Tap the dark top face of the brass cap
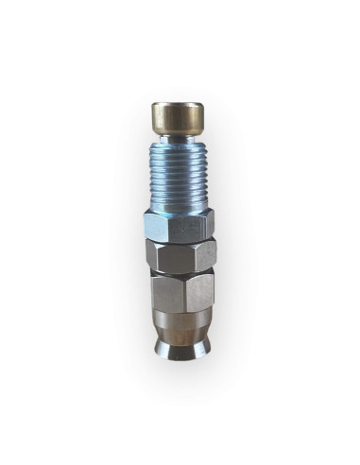click(179, 105)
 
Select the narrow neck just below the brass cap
click(179, 139)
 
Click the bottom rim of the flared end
click(179, 357)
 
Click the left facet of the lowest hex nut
click(162, 292)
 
